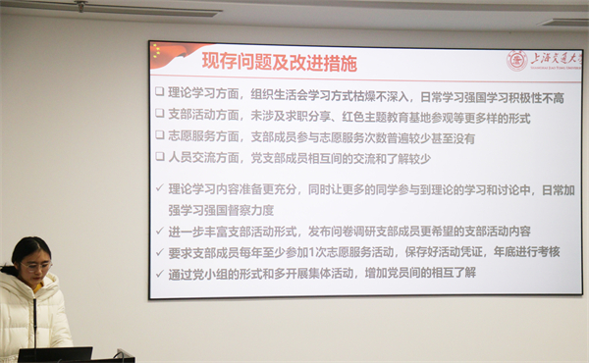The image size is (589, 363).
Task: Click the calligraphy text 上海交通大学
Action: click(x=554, y=60)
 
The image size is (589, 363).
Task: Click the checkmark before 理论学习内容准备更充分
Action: click(x=160, y=188)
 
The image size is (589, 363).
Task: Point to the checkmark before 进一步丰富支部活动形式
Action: click(x=160, y=232)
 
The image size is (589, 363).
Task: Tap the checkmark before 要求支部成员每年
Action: click(x=160, y=252)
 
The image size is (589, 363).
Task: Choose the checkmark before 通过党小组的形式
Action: click(x=160, y=274)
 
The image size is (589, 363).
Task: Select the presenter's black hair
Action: click(x=28, y=249)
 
